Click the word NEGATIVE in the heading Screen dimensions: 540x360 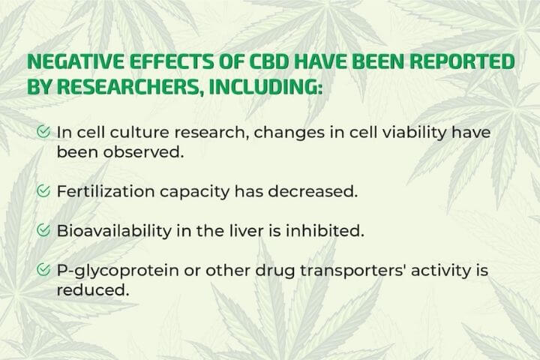point(76,61)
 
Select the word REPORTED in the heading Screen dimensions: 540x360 point(462,61)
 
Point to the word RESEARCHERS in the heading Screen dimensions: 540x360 point(127,86)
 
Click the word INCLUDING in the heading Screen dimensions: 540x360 point(265,86)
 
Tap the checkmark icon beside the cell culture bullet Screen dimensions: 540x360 point(43,131)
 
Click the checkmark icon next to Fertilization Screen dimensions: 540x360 point(43,190)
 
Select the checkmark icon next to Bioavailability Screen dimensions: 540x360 point(43,230)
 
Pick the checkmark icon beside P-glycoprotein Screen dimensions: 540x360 point(43,270)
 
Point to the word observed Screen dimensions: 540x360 point(144,152)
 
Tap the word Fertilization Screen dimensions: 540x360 point(106,191)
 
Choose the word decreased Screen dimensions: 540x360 point(313,191)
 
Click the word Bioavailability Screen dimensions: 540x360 point(114,231)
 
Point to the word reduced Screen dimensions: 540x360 point(93,290)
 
